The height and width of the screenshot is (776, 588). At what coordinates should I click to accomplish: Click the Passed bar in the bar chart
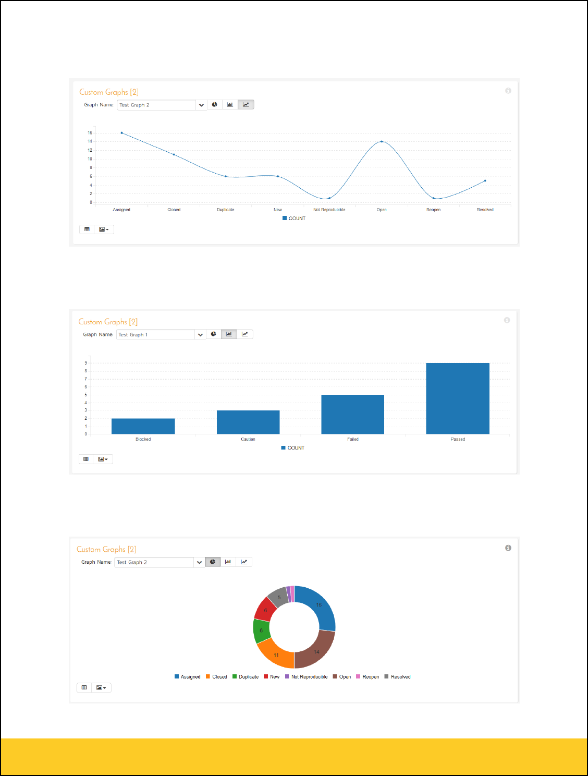pyautogui.click(x=458, y=398)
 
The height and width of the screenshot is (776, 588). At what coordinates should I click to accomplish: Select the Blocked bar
pyautogui.click(x=143, y=426)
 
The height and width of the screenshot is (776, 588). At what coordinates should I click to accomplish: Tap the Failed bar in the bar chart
pyautogui.click(x=353, y=414)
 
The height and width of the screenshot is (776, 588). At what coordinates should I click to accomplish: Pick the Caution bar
pyautogui.click(x=248, y=422)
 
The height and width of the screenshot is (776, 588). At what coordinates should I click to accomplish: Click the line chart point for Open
pyautogui.click(x=382, y=141)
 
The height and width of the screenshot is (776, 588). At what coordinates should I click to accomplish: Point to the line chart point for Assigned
pyautogui.click(x=122, y=133)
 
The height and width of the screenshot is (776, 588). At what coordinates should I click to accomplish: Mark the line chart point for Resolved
pyautogui.click(x=485, y=181)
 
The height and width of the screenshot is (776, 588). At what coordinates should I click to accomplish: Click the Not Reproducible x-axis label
pyautogui.click(x=329, y=210)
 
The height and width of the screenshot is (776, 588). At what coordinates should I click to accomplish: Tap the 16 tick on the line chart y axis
pyautogui.click(x=90, y=133)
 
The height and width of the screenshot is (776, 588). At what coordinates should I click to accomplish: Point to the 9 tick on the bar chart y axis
pyautogui.click(x=86, y=363)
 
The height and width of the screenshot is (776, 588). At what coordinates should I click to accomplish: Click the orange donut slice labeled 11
pyautogui.click(x=276, y=654)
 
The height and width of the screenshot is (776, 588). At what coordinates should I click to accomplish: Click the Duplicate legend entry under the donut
pyautogui.click(x=246, y=677)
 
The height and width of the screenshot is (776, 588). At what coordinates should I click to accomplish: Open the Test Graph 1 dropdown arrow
pyautogui.click(x=200, y=335)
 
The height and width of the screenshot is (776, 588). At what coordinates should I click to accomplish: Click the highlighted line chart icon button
pyautogui.click(x=246, y=105)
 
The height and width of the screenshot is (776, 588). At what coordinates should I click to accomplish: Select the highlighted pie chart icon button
pyautogui.click(x=213, y=562)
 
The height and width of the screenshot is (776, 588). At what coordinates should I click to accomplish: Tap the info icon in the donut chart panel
pyautogui.click(x=508, y=548)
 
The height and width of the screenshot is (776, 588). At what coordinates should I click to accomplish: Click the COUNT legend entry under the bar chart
pyautogui.click(x=293, y=448)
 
